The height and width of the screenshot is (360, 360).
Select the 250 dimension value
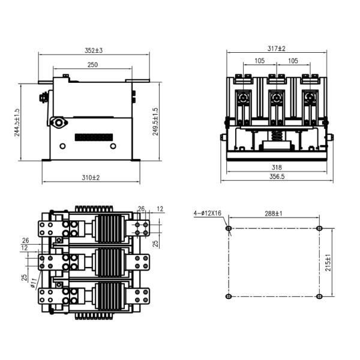(93, 64)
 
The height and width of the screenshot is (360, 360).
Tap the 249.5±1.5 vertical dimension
(155, 122)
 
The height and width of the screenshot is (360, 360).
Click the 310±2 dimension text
(91, 178)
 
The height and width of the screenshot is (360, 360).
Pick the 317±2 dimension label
(277, 48)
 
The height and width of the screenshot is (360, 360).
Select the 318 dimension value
(277, 168)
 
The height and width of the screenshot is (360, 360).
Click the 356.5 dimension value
(277, 177)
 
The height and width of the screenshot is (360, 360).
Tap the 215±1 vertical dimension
(328, 262)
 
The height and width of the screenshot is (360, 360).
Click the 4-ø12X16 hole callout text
(208, 214)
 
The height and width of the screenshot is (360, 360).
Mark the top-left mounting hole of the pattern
(228, 228)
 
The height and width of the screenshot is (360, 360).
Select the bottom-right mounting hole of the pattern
(319, 296)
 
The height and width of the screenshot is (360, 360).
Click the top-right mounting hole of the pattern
(319, 228)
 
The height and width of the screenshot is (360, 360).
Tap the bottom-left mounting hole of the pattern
(228, 296)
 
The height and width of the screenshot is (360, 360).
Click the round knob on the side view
(59, 122)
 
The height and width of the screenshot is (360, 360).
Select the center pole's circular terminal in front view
(277, 98)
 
